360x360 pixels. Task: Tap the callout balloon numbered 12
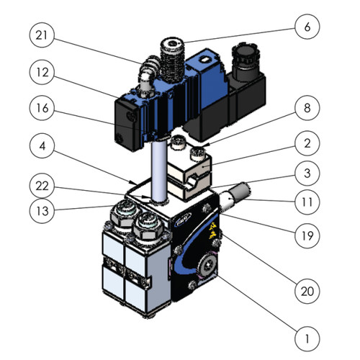pyautogui.click(x=42, y=73)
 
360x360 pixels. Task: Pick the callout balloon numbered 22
pyautogui.click(x=42, y=185)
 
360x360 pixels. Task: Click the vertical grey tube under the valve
pyautogui.click(x=158, y=169)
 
